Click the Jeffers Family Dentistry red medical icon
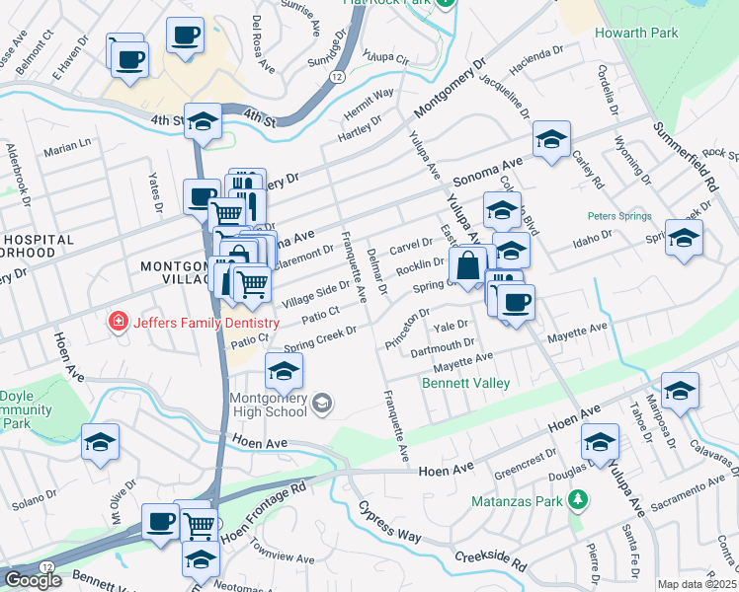coord(118,322)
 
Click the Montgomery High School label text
coord(255,403)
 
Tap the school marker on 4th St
coord(203,123)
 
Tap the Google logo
coord(33,580)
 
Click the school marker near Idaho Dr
coord(683,239)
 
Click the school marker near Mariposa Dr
coord(679,393)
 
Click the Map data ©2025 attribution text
coord(697,584)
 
